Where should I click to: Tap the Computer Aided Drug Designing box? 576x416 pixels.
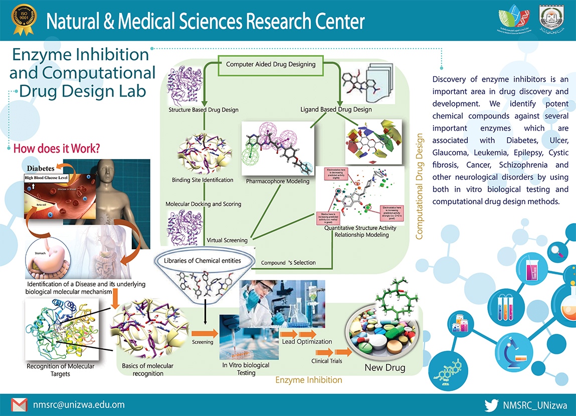pos(270,65)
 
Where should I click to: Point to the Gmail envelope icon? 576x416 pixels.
pos(19,404)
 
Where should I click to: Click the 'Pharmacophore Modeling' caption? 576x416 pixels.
pos(277,181)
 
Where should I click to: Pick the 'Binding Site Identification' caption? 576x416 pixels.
pos(202,180)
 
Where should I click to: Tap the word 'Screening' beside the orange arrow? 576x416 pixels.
pos(203,342)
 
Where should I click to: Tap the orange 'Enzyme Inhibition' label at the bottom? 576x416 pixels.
pos(308,380)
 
